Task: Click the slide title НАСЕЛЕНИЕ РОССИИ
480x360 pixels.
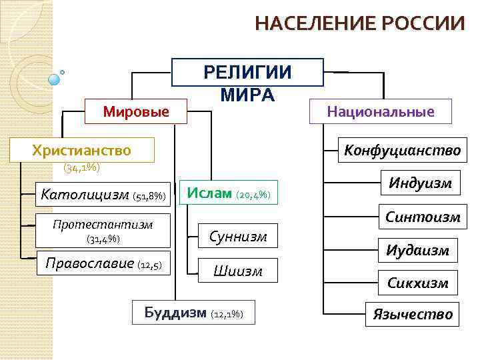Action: pos(360,23)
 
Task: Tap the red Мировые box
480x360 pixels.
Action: pos(136,111)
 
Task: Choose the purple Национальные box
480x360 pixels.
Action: pos(380,111)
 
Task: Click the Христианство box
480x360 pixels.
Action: pos(81,150)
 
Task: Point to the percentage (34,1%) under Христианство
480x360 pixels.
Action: pos(81,167)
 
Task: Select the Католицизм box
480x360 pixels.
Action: pos(104,195)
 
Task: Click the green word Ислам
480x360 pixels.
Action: pos(210,193)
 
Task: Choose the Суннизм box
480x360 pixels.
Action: pos(238,236)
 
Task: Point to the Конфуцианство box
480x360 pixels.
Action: pos(402,150)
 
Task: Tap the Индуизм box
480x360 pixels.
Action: pos(420,182)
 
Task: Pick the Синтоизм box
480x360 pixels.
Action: pos(423,217)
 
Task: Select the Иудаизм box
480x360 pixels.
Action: pos(418,250)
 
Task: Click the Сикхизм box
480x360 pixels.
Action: pos(418,283)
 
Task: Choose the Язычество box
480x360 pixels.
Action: pos(413,314)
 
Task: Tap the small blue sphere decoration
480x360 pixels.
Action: pos(55,79)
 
